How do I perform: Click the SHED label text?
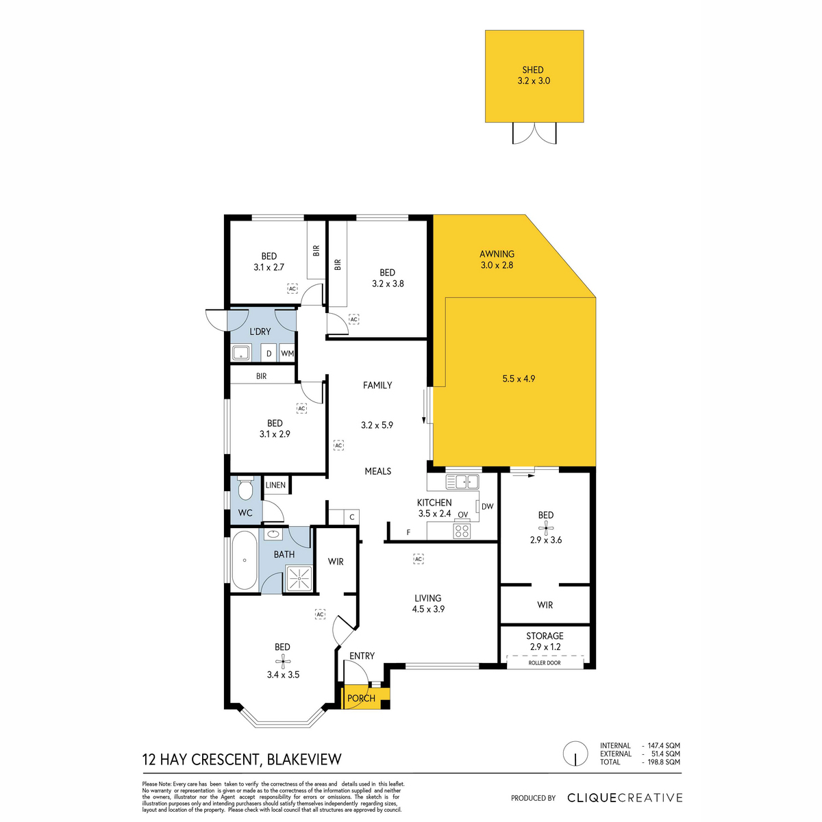click(x=533, y=70)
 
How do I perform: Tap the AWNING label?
click(x=497, y=254)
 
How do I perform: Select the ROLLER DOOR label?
click(x=545, y=663)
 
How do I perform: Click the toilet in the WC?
click(x=245, y=488)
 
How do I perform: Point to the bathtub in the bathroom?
click(x=245, y=560)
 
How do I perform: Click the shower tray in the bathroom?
click(x=299, y=578)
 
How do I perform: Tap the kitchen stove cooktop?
click(x=462, y=531)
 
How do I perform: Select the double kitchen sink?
click(x=462, y=482)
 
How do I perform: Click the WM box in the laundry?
click(x=287, y=353)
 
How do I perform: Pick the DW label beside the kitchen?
click(x=487, y=506)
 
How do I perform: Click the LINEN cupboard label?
click(x=275, y=485)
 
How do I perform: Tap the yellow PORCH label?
click(x=361, y=698)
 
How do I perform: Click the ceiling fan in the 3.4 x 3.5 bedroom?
click(x=282, y=662)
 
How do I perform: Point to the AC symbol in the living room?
click(x=418, y=559)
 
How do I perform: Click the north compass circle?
click(x=575, y=754)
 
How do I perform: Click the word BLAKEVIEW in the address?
click(x=304, y=759)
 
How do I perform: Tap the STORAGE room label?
click(x=545, y=636)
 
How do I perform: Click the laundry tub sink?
click(x=241, y=353)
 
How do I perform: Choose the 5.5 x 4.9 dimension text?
click(x=519, y=378)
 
